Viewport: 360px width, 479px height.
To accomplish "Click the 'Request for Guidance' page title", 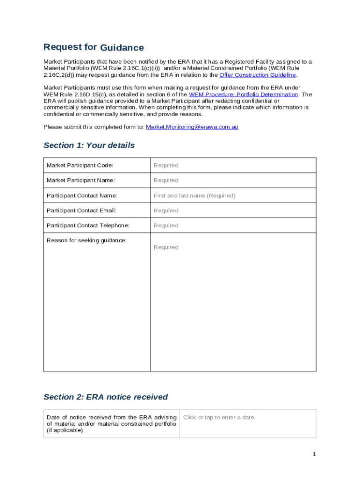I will pos(94,47).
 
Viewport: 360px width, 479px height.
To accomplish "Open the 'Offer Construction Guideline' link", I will pos(258,75).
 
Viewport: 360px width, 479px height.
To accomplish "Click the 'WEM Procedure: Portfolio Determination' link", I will pos(243,94).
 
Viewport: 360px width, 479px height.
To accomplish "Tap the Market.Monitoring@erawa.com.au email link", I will pos(192,127).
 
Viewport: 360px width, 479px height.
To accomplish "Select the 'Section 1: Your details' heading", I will pos(89,145).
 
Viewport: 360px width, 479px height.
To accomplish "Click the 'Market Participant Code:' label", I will pos(79,165).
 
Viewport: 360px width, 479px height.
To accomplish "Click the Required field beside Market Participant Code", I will pos(166,165).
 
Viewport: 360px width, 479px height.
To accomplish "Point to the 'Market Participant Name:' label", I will pos(80,180).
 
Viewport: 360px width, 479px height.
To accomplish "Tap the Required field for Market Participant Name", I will pos(166,180).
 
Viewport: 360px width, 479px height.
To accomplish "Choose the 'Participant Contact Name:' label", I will pos(82,196).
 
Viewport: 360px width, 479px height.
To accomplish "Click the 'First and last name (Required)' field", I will pos(194,196).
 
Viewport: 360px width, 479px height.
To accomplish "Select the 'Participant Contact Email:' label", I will pos(81,210).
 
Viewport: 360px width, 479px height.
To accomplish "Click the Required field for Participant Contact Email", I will pos(166,210).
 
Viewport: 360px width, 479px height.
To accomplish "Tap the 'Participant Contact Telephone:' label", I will pos(88,225).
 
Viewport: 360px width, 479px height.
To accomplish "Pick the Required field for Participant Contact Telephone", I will pos(166,225).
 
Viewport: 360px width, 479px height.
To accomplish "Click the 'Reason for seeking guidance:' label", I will pos(86,240).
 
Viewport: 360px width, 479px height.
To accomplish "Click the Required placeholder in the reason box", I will pos(166,247).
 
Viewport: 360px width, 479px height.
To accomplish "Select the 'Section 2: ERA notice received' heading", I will pos(106,397).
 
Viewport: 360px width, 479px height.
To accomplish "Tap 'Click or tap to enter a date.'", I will pos(219,417).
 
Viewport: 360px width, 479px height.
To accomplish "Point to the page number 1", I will pos(315,454).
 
